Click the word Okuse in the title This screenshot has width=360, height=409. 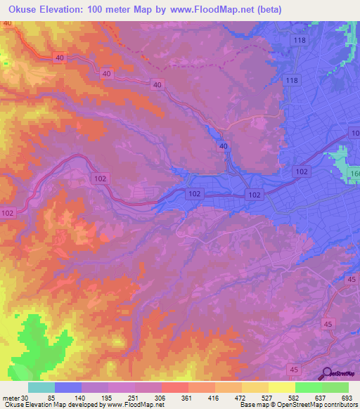[x=22, y=9]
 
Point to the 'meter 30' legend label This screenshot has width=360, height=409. [x=15, y=398]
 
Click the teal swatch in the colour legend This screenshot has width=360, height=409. [x=41, y=387]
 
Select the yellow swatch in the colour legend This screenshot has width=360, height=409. [x=281, y=387]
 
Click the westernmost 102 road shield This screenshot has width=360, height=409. [x=8, y=213]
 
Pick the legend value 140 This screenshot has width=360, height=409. [x=81, y=398]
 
